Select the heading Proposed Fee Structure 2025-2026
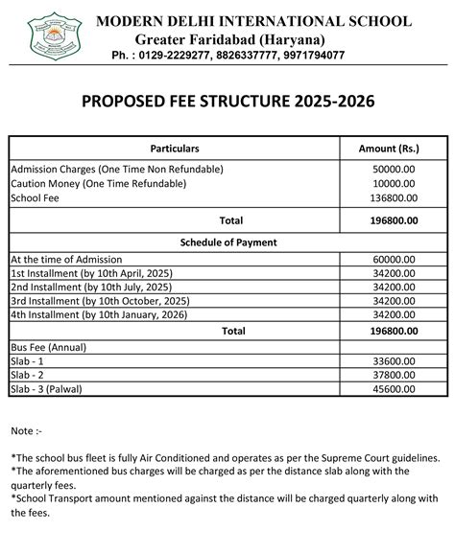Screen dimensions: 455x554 pos(227,101)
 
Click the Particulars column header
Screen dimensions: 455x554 pos(175,150)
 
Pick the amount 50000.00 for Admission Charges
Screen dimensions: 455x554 pos(395,170)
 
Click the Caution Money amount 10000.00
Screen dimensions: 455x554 pos(395,184)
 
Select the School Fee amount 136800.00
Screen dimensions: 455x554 pos(394,198)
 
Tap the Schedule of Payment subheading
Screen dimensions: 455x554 pos(227,242)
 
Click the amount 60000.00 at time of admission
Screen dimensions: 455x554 pos(395,259)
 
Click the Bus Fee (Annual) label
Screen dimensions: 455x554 pos(54,345)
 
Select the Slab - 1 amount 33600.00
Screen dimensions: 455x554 pos(395,360)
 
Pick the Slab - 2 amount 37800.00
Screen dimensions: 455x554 pos(395,375)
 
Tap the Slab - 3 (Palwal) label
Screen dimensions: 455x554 pos(53,389)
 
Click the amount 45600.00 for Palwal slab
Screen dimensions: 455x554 pos(395,389)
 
